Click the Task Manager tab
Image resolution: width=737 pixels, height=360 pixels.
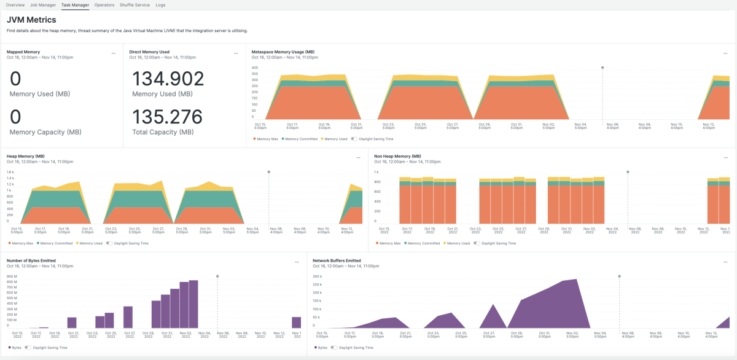[75, 5]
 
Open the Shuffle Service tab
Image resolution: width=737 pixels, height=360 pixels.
[135, 5]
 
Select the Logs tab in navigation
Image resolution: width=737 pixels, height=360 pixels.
[160, 5]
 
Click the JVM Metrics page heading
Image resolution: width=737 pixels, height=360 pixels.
[31, 20]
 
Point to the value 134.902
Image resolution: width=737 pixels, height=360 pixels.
[168, 79]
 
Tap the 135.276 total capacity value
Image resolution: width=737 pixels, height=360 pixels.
[168, 117]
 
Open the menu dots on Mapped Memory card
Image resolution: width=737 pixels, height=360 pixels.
[114, 53]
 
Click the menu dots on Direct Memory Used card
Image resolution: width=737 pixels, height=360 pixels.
[236, 53]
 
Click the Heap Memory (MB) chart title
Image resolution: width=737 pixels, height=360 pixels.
[26, 157]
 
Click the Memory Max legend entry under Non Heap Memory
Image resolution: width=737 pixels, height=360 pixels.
[388, 243]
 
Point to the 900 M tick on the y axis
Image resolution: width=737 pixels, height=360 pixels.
[12, 276]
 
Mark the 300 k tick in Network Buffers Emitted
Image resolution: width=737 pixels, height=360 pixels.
[318, 276]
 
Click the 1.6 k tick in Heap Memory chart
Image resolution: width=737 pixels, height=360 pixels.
[10, 172]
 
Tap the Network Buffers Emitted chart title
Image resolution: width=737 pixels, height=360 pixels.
[337, 260]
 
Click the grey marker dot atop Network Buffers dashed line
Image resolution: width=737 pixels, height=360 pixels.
[619, 276]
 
